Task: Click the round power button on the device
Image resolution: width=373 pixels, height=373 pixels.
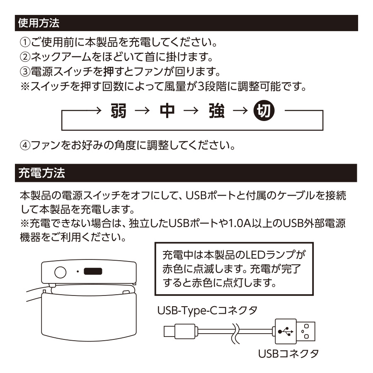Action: point(61,272)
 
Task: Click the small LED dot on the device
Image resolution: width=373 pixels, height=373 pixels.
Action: point(78,272)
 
